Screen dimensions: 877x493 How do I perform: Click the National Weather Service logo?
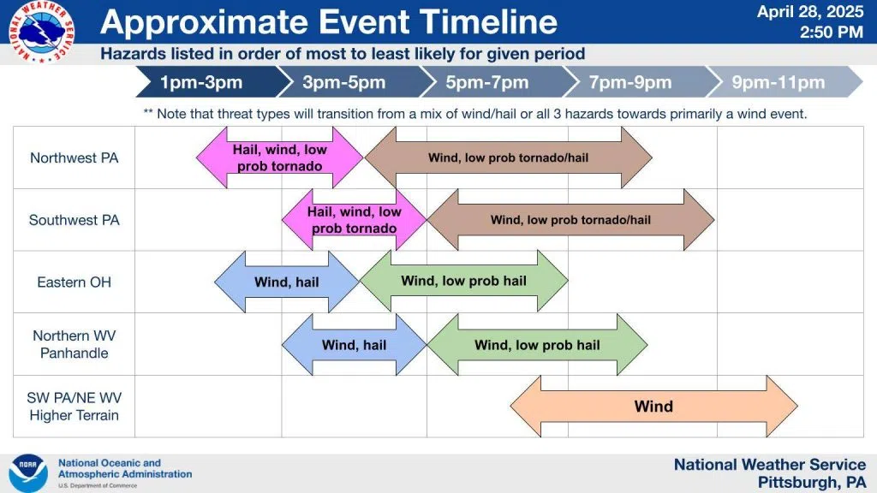(x=41, y=31)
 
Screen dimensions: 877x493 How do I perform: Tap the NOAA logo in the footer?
(x=28, y=472)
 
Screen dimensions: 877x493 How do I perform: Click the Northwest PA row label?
(x=75, y=157)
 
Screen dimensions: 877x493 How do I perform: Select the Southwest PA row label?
(x=75, y=220)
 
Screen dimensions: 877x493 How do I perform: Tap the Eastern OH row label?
(x=75, y=282)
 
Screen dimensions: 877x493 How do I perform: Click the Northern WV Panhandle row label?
(x=75, y=344)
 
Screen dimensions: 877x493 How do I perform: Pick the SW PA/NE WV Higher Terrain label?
(x=75, y=407)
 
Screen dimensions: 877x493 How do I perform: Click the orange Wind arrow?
(x=653, y=407)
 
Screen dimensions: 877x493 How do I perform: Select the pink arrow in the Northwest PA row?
(x=280, y=157)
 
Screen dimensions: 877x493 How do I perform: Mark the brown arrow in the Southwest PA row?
(x=571, y=220)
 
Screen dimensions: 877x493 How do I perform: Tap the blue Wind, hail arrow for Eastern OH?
(x=287, y=282)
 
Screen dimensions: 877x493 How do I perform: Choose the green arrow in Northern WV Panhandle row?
(x=538, y=344)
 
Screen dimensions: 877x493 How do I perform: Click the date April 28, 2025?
(x=810, y=12)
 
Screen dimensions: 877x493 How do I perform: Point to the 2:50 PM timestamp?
(x=831, y=32)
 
